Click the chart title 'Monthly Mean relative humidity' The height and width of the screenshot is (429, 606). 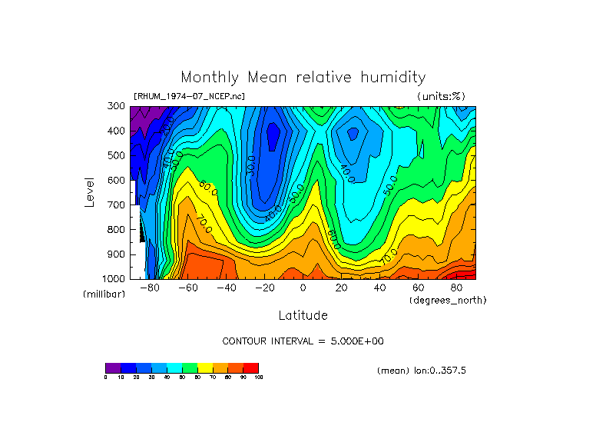pyautogui.click(x=303, y=77)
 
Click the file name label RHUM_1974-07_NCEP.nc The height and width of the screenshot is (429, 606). pyautogui.click(x=189, y=96)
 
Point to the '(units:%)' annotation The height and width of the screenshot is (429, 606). pyautogui.click(x=441, y=96)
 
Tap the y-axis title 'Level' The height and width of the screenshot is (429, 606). pyautogui.click(x=91, y=191)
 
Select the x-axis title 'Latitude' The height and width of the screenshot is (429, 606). pyautogui.click(x=303, y=315)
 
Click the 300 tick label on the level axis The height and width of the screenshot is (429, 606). pyautogui.click(x=117, y=107)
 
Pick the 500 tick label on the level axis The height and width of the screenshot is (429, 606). pyautogui.click(x=117, y=156)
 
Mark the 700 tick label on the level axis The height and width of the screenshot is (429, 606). pyautogui.click(x=117, y=205)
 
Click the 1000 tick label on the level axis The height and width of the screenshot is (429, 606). pyautogui.click(x=114, y=278)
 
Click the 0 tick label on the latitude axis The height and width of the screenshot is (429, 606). pyautogui.click(x=303, y=288)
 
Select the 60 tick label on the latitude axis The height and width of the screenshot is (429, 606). pyautogui.click(x=419, y=288)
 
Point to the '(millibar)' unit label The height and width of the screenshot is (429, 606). pyautogui.click(x=104, y=294)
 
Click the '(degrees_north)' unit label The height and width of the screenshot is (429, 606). pyautogui.click(x=448, y=300)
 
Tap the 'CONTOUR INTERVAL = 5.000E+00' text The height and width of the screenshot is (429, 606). pyautogui.click(x=303, y=341)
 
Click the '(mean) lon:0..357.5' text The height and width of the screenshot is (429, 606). pyautogui.click(x=422, y=371)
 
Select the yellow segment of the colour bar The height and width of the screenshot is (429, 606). pyautogui.click(x=205, y=367)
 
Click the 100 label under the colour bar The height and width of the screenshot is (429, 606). pyautogui.click(x=258, y=377)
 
